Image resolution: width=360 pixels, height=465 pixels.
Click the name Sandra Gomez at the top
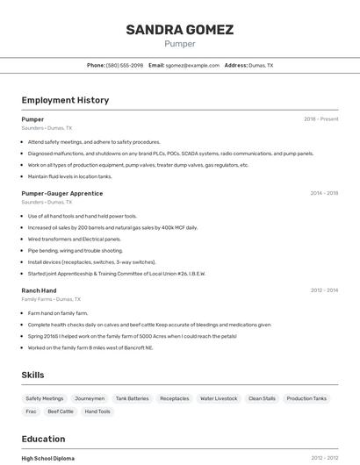(x=179, y=30)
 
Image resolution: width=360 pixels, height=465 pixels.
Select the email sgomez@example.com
(x=192, y=65)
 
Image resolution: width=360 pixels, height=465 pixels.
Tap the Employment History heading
(x=65, y=100)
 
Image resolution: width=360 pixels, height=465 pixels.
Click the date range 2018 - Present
(x=320, y=119)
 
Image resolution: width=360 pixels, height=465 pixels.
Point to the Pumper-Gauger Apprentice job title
(x=61, y=193)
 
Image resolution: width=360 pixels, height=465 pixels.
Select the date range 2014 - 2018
(x=324, y=193)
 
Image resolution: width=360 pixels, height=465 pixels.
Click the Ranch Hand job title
(x=39, y=290)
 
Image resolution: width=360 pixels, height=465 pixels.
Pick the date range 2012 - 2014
(x=324, y=290)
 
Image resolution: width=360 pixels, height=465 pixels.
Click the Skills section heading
(x=32, y=375)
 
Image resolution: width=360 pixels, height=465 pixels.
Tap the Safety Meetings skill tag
(x=45, y=398)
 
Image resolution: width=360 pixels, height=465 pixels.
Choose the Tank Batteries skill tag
(x=133, y=398)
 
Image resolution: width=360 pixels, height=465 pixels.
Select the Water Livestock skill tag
(x=219, y=398)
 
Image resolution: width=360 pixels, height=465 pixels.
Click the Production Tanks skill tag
(x=306, y=398)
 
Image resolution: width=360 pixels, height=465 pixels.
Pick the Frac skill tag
(x=32, y=411)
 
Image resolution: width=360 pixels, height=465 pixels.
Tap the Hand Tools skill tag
(x=97, y=411)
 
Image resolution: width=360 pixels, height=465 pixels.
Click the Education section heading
(x=43, y=439)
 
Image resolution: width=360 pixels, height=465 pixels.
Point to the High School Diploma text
(x=48, y=458)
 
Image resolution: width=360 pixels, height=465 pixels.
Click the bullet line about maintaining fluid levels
(x=70, y=176)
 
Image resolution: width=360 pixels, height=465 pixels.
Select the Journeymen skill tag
(x=90, y=398)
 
